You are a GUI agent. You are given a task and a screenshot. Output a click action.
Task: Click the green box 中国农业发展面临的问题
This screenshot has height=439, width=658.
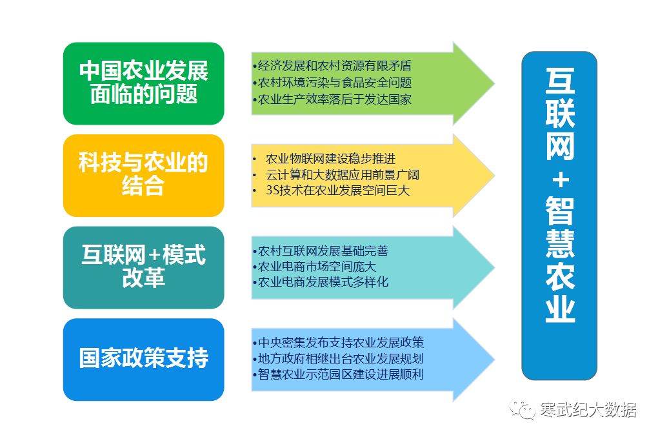pos(143,83)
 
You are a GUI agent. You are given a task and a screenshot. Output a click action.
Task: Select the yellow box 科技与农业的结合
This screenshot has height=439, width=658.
pos(143,175)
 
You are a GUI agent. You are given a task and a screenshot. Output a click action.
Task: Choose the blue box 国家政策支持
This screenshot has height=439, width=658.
pos(143,359)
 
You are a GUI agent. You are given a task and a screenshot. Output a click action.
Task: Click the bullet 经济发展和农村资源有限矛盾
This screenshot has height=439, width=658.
pos(332,66)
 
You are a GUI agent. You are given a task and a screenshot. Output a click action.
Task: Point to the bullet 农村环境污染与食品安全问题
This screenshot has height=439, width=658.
pos(332,83)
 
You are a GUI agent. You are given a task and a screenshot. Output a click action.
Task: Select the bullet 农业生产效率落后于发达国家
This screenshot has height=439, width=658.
pos(332,99)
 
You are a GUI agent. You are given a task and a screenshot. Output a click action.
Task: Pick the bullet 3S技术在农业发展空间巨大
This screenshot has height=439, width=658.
pos(337,190)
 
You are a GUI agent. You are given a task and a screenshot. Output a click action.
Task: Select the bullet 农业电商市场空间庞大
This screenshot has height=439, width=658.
pos(316,266)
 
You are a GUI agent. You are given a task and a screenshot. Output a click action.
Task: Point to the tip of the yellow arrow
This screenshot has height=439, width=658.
pos(493,176)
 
